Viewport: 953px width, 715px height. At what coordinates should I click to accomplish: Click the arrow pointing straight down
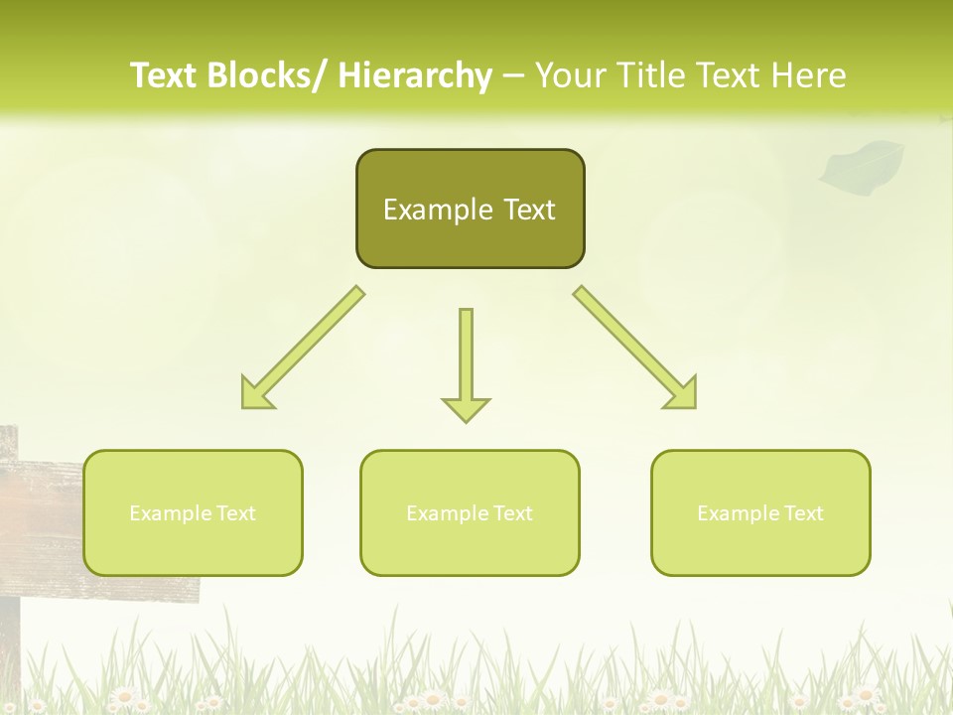[466, 362]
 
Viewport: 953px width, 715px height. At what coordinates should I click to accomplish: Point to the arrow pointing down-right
[635, 348]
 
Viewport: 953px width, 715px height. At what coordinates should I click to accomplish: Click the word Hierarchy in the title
[415, 75]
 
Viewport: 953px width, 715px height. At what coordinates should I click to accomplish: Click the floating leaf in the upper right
[861, 164]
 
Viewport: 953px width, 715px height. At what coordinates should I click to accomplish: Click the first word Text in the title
[165, 75]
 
